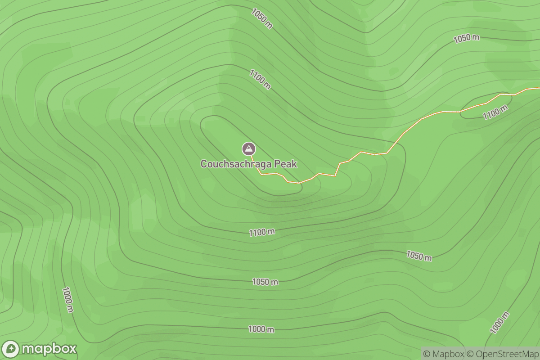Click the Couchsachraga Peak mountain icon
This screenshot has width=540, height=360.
click(x=248, y=148)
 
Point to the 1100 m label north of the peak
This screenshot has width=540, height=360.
click(x=260, y=79)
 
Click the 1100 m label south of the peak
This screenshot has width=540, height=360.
click(x=262, y=232)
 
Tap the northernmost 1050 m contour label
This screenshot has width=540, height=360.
click(x=262, y=18)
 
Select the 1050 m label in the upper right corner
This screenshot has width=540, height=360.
click(x=466, y=38)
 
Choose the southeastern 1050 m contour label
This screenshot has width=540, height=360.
click(x=419, y=256)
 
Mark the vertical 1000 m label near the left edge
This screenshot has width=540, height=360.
click(x=68, y=300)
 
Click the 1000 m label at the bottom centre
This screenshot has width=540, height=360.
click(x=261, y=329)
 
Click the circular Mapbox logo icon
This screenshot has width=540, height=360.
click(x=11, y=349)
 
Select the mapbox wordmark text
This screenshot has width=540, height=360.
click(x=49, y=349)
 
